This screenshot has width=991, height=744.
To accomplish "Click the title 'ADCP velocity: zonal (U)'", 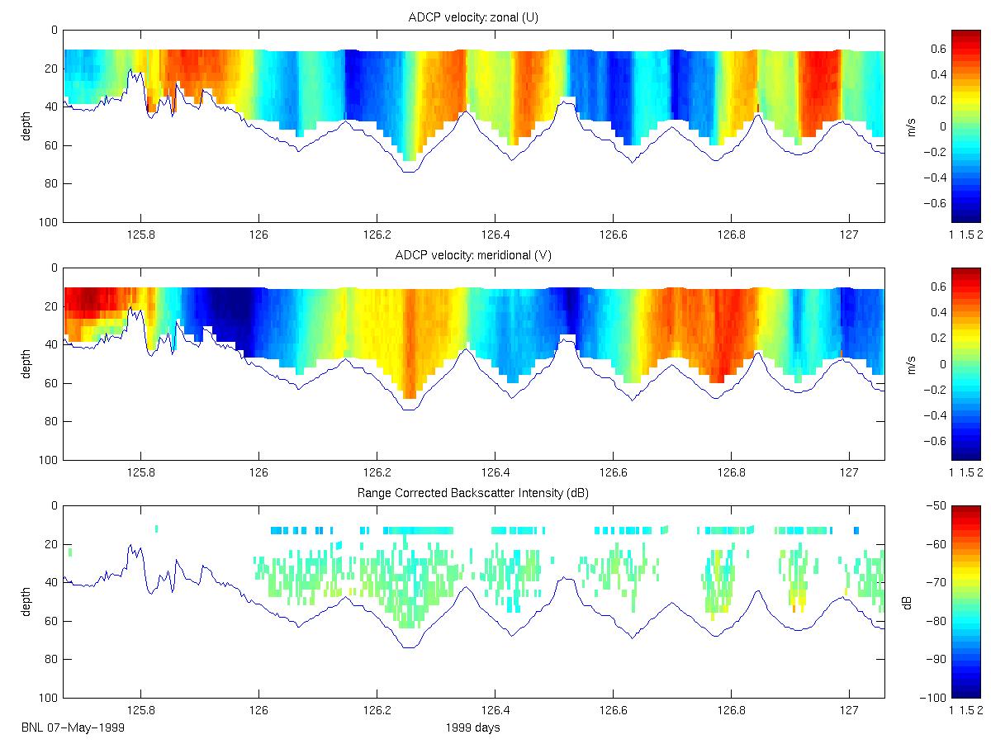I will click(473, 17).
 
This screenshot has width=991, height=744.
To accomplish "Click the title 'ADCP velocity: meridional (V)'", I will click(473, 255).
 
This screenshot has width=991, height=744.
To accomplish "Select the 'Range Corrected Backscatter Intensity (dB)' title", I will click(473, 493).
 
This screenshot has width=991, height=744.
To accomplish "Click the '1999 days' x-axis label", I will click(472, 727).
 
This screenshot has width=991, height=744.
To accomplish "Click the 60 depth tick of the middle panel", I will click(52, 383).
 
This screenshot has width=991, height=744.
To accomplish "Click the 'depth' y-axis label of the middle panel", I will click(26, 363).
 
